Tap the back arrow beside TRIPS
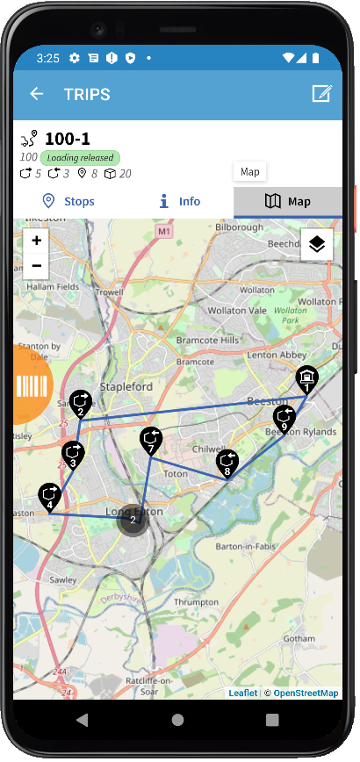click(x=36, y=94)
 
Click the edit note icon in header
click(x=321, y=94)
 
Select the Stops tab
click(x=68, y=201)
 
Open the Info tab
click(x=179, y=201)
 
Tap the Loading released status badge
click(x=80, y=157)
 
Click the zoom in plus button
click(x=36, y=241)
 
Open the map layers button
click(x=317, y=245)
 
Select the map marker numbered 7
click(x=151, y=442)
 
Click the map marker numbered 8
click(x=227, y=463)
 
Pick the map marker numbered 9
click(x=284, y=419)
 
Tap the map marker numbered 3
click(x=73, y=455)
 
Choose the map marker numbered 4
click(x=50, y=497)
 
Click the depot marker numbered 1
click(x=306, y=380)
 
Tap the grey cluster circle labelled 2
click(x=133, y=520)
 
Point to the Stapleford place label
click(x=126, y=386)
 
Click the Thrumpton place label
click(x=196, y=602)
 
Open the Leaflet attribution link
click(x=243, y=694)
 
